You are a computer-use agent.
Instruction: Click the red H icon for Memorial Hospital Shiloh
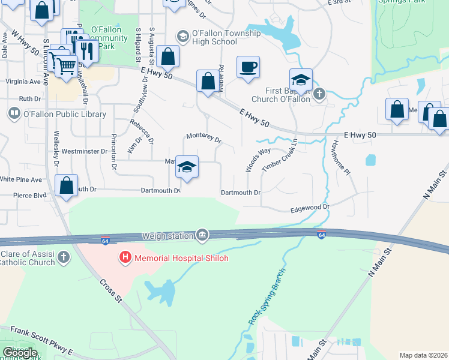[125, 258]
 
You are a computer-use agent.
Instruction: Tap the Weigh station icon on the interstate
[202, 235]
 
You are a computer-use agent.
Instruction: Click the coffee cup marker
[247, 67]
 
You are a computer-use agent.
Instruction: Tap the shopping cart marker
[67, 64]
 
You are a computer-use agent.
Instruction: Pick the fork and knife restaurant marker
[88, 52]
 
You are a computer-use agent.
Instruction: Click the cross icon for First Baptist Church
[319, 94]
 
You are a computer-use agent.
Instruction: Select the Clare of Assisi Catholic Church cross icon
[64, 258]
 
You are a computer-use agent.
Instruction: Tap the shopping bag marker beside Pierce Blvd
[67, 185]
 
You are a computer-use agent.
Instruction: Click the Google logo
[20, 353]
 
